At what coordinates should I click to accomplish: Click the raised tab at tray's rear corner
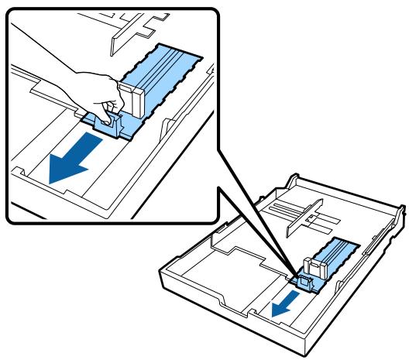click(292, 180)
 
